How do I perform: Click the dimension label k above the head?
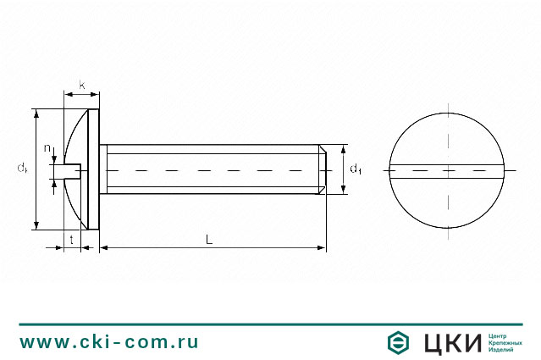click(82, 85)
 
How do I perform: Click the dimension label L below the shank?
click(208, 239)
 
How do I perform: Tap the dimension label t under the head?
click(71, 240)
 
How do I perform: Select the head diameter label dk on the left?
click(23, 169)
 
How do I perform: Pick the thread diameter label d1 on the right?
click(356, 169)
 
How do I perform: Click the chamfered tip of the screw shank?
click(322, 170)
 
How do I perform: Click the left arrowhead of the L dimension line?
click(104, 247)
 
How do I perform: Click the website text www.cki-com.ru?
click(109, 342)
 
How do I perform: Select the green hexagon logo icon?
click(399, 342)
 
